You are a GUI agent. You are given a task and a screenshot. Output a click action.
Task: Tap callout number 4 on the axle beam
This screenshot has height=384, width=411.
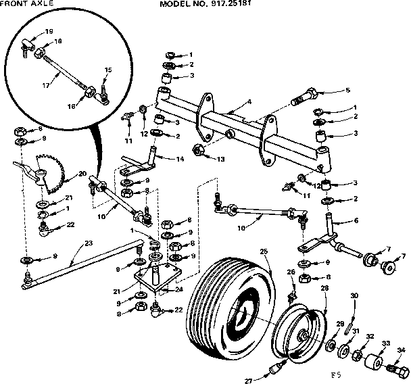tap(249, 103)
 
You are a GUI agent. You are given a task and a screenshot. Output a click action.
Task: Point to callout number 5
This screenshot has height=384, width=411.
tap(347, 89)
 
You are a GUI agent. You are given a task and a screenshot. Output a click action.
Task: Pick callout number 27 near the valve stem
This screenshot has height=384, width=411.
tap(248, 381)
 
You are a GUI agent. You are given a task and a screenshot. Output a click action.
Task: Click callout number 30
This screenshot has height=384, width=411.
tap(354, 296)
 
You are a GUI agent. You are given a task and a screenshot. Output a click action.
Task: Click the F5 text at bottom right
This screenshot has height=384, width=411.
tap(333, 372)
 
